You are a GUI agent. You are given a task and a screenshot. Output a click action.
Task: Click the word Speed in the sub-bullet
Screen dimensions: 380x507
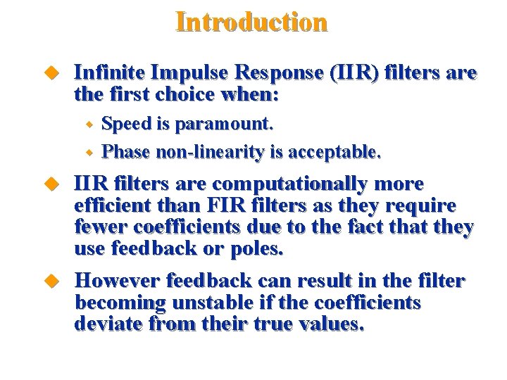(127, 125)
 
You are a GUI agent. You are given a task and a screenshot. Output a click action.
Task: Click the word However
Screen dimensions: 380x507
(117, 281)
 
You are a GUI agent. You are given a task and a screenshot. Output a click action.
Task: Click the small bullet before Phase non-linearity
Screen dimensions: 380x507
(89, 152)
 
